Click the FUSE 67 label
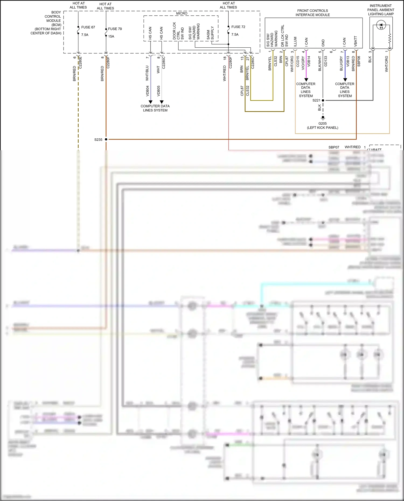(x=88, y=27)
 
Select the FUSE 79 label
(x=115, y=29)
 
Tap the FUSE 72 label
(x=238, y=27)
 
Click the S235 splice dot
(x=106, y=139)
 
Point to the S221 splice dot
(x=323, y=100)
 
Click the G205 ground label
(x=322, y=124)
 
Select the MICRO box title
(x=182, y=13)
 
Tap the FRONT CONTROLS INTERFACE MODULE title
(x=312, y=13)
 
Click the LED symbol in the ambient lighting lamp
(x=381, y=26)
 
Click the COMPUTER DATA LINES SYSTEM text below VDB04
(x=155, y=108)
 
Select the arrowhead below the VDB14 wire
(x=306, y=80)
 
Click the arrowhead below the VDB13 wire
(x=345, y=80)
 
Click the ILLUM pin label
(x=295, y=42)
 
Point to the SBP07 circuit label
(x=334, y=147)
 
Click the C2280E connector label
(x=80, y=62)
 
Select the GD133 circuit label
(x=325, y=61)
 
